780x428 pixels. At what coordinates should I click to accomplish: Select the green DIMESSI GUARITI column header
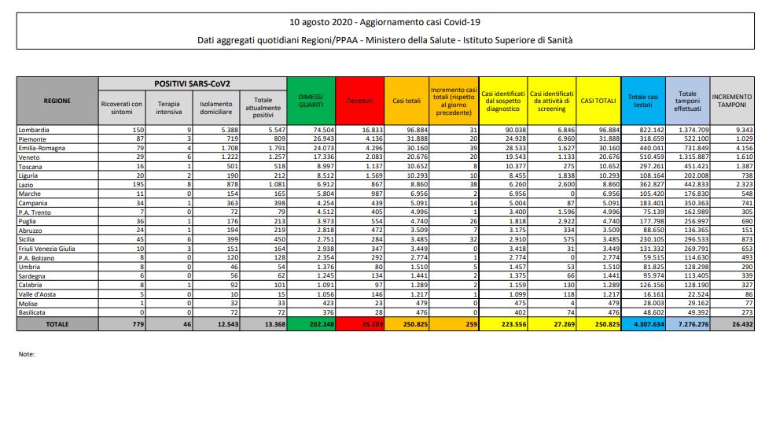[311, 100]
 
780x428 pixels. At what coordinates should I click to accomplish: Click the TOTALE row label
[57, 323]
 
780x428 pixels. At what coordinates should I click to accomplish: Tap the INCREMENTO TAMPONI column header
[731, 100]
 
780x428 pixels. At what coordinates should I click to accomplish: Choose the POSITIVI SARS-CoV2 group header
[192, 83]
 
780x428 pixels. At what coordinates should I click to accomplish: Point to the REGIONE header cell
[57, 100]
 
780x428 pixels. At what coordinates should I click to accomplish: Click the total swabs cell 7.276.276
[687, 323]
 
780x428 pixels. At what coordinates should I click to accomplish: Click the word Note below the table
[27, 354]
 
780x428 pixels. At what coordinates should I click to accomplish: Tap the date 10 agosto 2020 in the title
[322, 22]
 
